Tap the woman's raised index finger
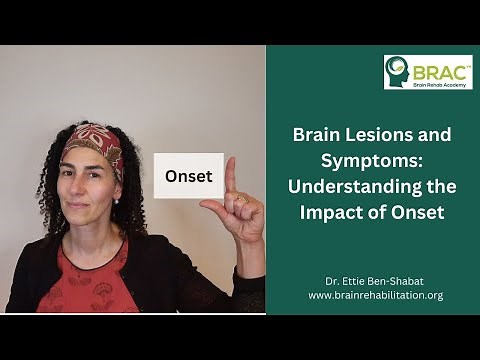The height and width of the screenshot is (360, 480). (228, 175)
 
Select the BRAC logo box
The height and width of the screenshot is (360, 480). (428, 71)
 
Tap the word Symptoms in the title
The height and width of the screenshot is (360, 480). (368, 160)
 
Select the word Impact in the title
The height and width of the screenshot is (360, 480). (337, 211)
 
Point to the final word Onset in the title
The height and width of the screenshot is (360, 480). (416, 211)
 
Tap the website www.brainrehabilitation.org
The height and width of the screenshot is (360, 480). (375, 295)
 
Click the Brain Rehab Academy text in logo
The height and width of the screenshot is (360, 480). (440, 82)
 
